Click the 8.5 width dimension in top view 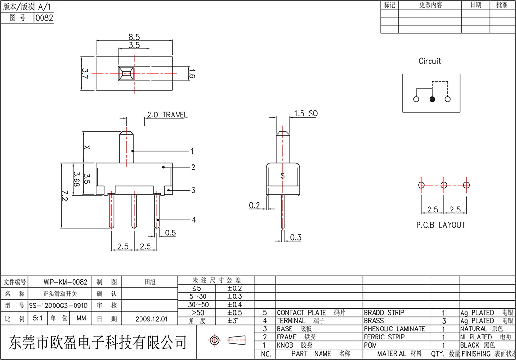click(134, 37)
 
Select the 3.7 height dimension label click(85, 74)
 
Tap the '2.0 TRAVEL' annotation click(167, 115)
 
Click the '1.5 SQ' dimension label click(306, 114)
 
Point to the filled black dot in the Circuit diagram click(432, 99)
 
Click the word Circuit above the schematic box click(430, 61)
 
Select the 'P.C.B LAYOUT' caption click(441, 225)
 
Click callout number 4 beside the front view click(194, 220)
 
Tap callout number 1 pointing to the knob click(192, 151)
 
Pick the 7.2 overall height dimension click(65, 196)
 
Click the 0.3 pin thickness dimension click(296, 237)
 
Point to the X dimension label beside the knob click(86, 147)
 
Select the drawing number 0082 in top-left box click(44, 18)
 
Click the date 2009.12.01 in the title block click(151, 319)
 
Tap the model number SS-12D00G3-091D click(59, 306)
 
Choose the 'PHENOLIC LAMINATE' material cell click(394, 329)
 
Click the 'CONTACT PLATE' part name click(301, 313)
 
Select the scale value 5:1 click(38, 318)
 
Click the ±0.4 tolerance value click(235, 305)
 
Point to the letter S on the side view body click(283, 176)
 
